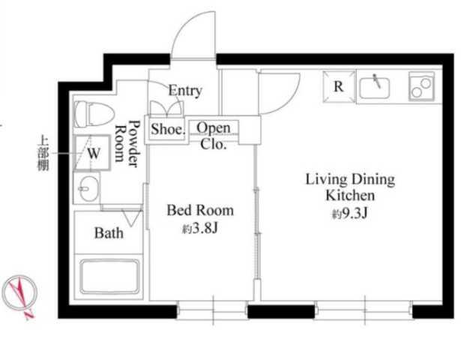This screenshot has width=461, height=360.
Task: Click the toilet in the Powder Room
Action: pyautogui.click(x=94, y=114)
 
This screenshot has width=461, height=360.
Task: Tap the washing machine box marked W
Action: pyautogui.click(x=92, y=153)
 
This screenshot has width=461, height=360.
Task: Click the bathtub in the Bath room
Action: pyautogui.click(x=109, y=277)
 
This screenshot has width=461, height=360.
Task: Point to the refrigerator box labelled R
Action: pyautogui.click(x=339, y=87)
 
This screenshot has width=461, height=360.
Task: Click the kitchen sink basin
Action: pyautogui.click(x=374, y=88)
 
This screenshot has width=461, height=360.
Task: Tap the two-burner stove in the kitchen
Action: pyautogui.click(x=421, y=87)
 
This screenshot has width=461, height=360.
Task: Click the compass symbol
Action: pyautogui.click(x=19, y=293)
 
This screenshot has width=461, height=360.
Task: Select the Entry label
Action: pyautogui.click(x=185, y=91)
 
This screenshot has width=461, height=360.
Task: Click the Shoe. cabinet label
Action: pyautogui.click(x=168, y=129)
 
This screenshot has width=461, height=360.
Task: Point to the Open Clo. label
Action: pyautogui.click(x=214, y=136)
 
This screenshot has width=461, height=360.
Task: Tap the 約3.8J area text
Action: pyautogui.click(x=200, y=228)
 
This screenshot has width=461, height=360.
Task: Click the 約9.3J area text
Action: pyautogui.click(x=350, y=214)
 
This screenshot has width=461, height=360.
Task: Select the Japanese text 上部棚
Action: pyautogui.click(x=43, y=153)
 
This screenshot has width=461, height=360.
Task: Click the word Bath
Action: pyautogui.click(x=109, y=233)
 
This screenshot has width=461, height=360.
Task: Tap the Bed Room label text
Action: pyautogui.click(x=200, y=210)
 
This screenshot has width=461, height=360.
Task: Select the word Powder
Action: pyautogui.click(x=133, y=143)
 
